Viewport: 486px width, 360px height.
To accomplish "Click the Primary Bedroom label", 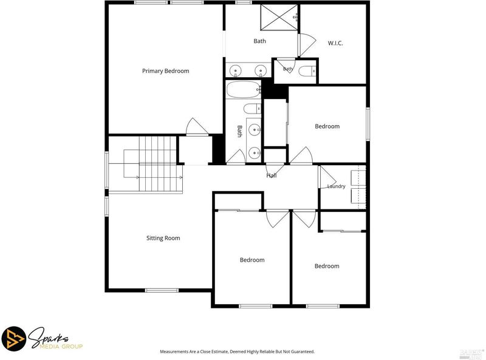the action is pyautogui.click(x=165, y=71).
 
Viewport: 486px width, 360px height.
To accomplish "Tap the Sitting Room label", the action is pyautogui.click(x=163, y=238).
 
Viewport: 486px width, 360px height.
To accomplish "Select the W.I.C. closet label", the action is pyautogui.click(x=335, y=43).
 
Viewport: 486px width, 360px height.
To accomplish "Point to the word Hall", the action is pyautogui.click(x=271, y=175).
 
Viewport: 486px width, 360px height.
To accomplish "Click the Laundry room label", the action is pyautogui.click(x=337, y=186).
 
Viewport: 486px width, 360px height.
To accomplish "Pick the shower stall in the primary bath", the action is pyautogui.click(x=279, y=18).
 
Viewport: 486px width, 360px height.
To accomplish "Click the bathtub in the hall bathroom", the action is pyautogui.click(x=244, y=89).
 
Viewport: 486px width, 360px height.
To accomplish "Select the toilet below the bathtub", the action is pyautogui.click(x=252, y=109).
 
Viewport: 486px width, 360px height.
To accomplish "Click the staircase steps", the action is pyautogui.click(x=158, y=164).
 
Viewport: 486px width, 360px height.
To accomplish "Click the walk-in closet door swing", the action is pyautogui.click(x=307, y=45).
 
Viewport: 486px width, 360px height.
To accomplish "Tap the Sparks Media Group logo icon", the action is pyautogui.click(x=13, y=338).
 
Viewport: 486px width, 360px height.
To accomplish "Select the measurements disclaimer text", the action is pyautogui.click(x=237, y=352).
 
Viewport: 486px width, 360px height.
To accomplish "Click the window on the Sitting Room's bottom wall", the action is pyautogui.click(x=162, y=290).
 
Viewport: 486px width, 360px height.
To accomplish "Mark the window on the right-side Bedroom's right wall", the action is pyautogui.click(x=368, y=124).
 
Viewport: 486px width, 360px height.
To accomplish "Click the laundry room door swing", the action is pyautogui.click(x=327, y=177).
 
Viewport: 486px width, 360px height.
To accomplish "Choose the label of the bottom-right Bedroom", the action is pyautogui.click(x=327, y=266).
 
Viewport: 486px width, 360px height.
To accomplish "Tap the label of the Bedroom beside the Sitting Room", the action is pyautogui.click(x=252, y=260).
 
